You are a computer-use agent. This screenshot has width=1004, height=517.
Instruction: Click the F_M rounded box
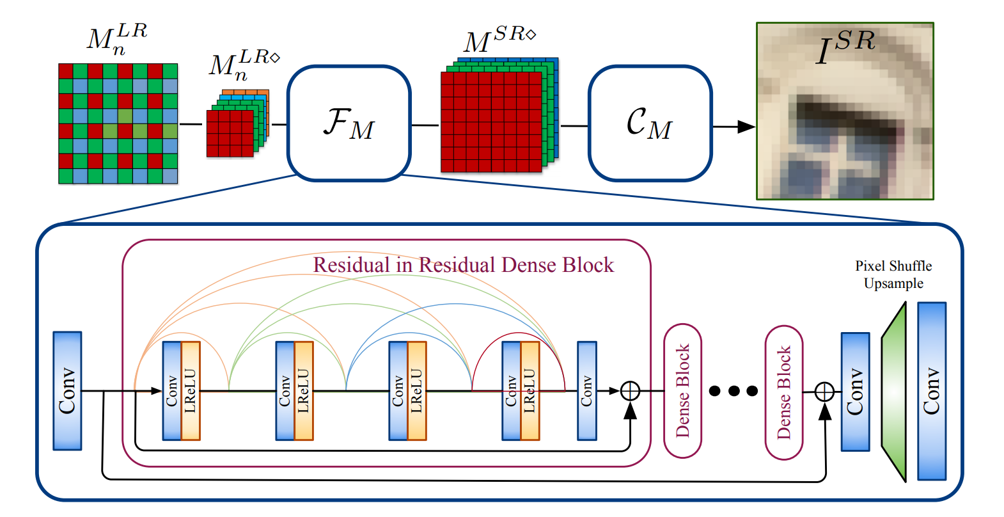click(x=349, y=123)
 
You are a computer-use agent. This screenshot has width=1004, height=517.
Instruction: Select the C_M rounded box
click(x=649, y=123)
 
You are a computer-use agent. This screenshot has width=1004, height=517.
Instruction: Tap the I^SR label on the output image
click(x=845, y=46)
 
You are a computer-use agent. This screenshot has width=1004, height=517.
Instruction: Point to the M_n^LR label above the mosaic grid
click(x=117, y=38)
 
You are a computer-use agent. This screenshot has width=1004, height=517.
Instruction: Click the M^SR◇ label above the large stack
click(x=499, y=40)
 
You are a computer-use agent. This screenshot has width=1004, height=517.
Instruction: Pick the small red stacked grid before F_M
click(x=230, y=133)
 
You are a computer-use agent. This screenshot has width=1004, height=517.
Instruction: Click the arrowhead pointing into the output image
click(x=746, y=127)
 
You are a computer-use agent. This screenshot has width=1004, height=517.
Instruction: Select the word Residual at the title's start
click(x=351, y=265)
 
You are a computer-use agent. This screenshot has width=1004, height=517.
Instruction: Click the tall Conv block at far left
click(x=67, y=390)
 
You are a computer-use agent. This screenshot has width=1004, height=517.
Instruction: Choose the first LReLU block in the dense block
click(x=191, y=390)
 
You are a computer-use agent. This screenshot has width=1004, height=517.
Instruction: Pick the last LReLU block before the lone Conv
click(x=529, y=390)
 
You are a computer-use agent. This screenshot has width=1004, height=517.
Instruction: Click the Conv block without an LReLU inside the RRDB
click(x=586, y=390)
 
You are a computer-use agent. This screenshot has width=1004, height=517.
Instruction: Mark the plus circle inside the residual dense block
click(x=630, y=390)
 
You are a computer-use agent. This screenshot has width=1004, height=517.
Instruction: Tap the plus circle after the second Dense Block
click(x=825, y=391)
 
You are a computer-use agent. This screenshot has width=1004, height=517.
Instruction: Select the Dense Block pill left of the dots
click(x=683, y=390)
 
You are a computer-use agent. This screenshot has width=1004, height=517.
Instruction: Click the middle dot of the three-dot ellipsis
click(x=733, y=390)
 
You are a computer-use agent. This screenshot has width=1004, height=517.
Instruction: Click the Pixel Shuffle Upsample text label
click(x=893, y=274)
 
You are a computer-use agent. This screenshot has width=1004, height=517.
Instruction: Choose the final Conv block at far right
click(x=931, y=390)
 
